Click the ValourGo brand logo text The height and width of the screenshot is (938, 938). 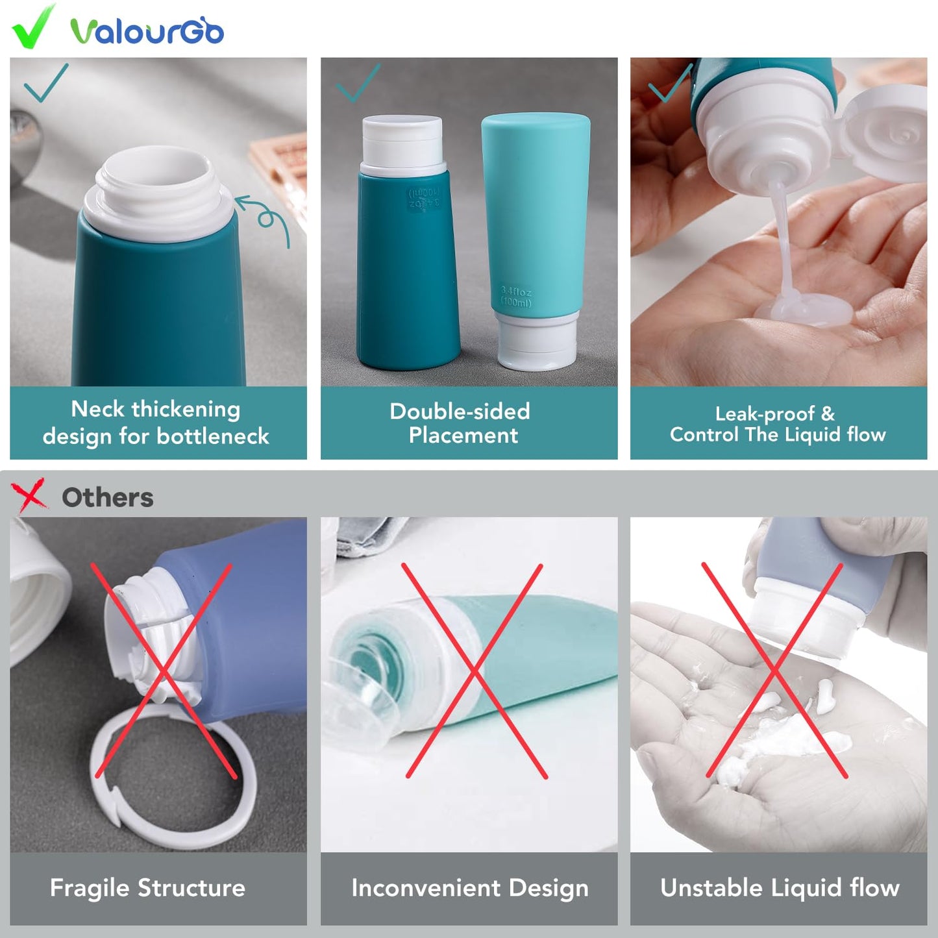[x=147, y=31]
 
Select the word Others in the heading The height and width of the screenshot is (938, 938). [x=108, y=498]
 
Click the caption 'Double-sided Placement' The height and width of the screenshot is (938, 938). [x=461, y=423]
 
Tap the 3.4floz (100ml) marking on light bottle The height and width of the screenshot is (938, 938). [x=516, y=297]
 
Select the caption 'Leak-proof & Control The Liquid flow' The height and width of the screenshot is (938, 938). [x=778, y=424]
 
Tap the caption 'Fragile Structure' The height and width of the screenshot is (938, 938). [x=148, y=887]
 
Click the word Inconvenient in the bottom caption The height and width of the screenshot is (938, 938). [x=425, y=887]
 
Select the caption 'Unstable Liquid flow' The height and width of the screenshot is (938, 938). [x=780, y=887]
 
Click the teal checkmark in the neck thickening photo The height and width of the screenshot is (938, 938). [x=45, y=82]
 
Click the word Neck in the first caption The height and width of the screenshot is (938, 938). [x=97, y=409]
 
